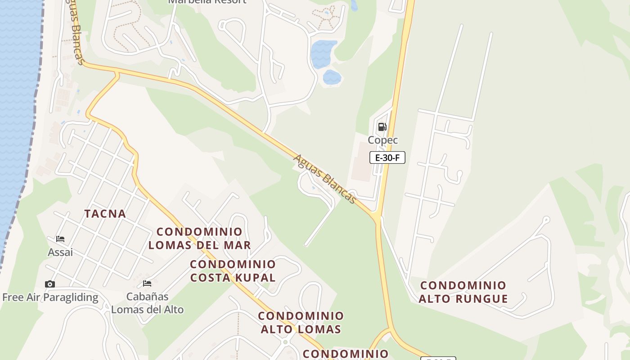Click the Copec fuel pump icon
(382, 127)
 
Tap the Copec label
(383, 140)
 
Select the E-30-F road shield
(387, 157)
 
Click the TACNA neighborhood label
(105, 214)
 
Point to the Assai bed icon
(60, 238)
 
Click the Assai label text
(60, 252)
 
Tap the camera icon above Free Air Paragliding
(50, 284)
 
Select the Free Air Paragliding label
(50, 297)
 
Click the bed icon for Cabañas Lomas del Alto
(147, 283)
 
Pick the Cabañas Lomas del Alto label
(148, 303)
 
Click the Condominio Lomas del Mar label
(199, 238)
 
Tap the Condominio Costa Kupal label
(233, 271)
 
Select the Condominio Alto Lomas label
(301, 323)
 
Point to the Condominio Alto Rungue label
(463, 292)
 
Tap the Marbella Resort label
(207, 1)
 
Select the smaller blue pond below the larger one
(332, 77)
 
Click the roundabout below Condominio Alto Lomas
(285, 342)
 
